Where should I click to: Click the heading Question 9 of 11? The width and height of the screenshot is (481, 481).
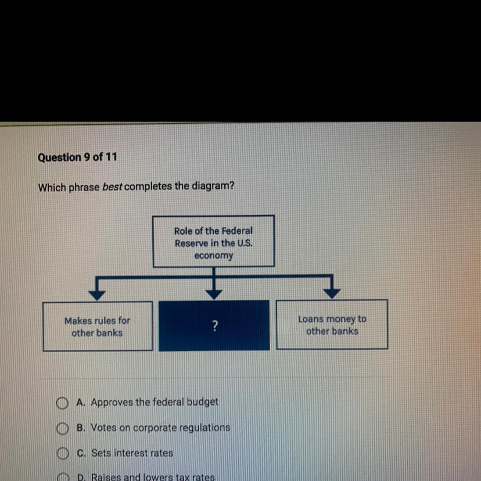(x=77, y=157)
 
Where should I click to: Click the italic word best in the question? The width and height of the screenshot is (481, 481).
(x=112, y=186)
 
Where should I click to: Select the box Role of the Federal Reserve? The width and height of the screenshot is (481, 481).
(x=213, y=242)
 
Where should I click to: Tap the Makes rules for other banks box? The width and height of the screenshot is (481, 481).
(x=97, y=326)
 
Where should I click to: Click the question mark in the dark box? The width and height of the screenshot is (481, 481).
(x=214, y=326)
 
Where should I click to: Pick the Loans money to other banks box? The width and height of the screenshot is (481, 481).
(x=332, y=325)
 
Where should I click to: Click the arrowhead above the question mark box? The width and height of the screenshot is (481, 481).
(x=214, y=293)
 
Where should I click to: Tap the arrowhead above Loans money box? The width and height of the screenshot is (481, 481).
(x=332, y=290)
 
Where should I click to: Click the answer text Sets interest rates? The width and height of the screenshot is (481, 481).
(x=132, y=453)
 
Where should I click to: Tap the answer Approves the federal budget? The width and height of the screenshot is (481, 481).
(x=155, y=401)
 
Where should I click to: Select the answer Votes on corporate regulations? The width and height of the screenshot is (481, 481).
(x=160, y=428)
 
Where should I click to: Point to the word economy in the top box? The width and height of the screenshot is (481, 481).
(x=213, y=256)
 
